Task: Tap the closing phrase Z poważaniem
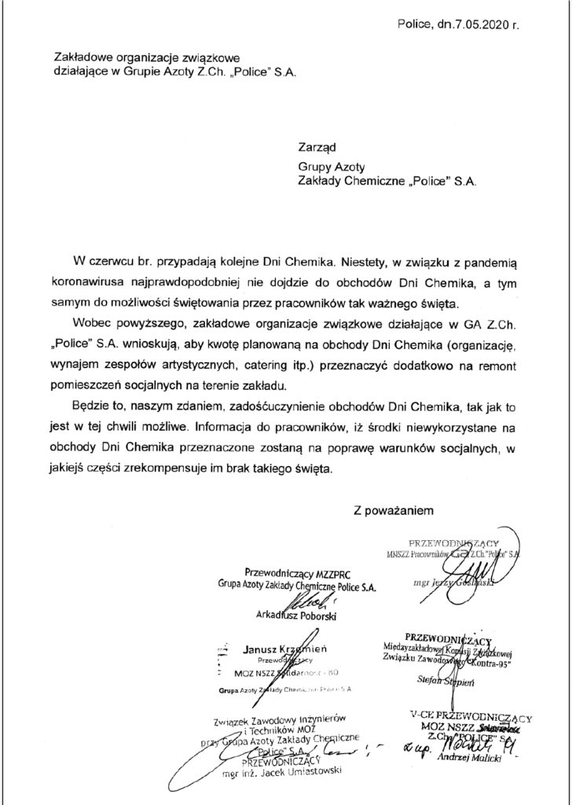(394, 510)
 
